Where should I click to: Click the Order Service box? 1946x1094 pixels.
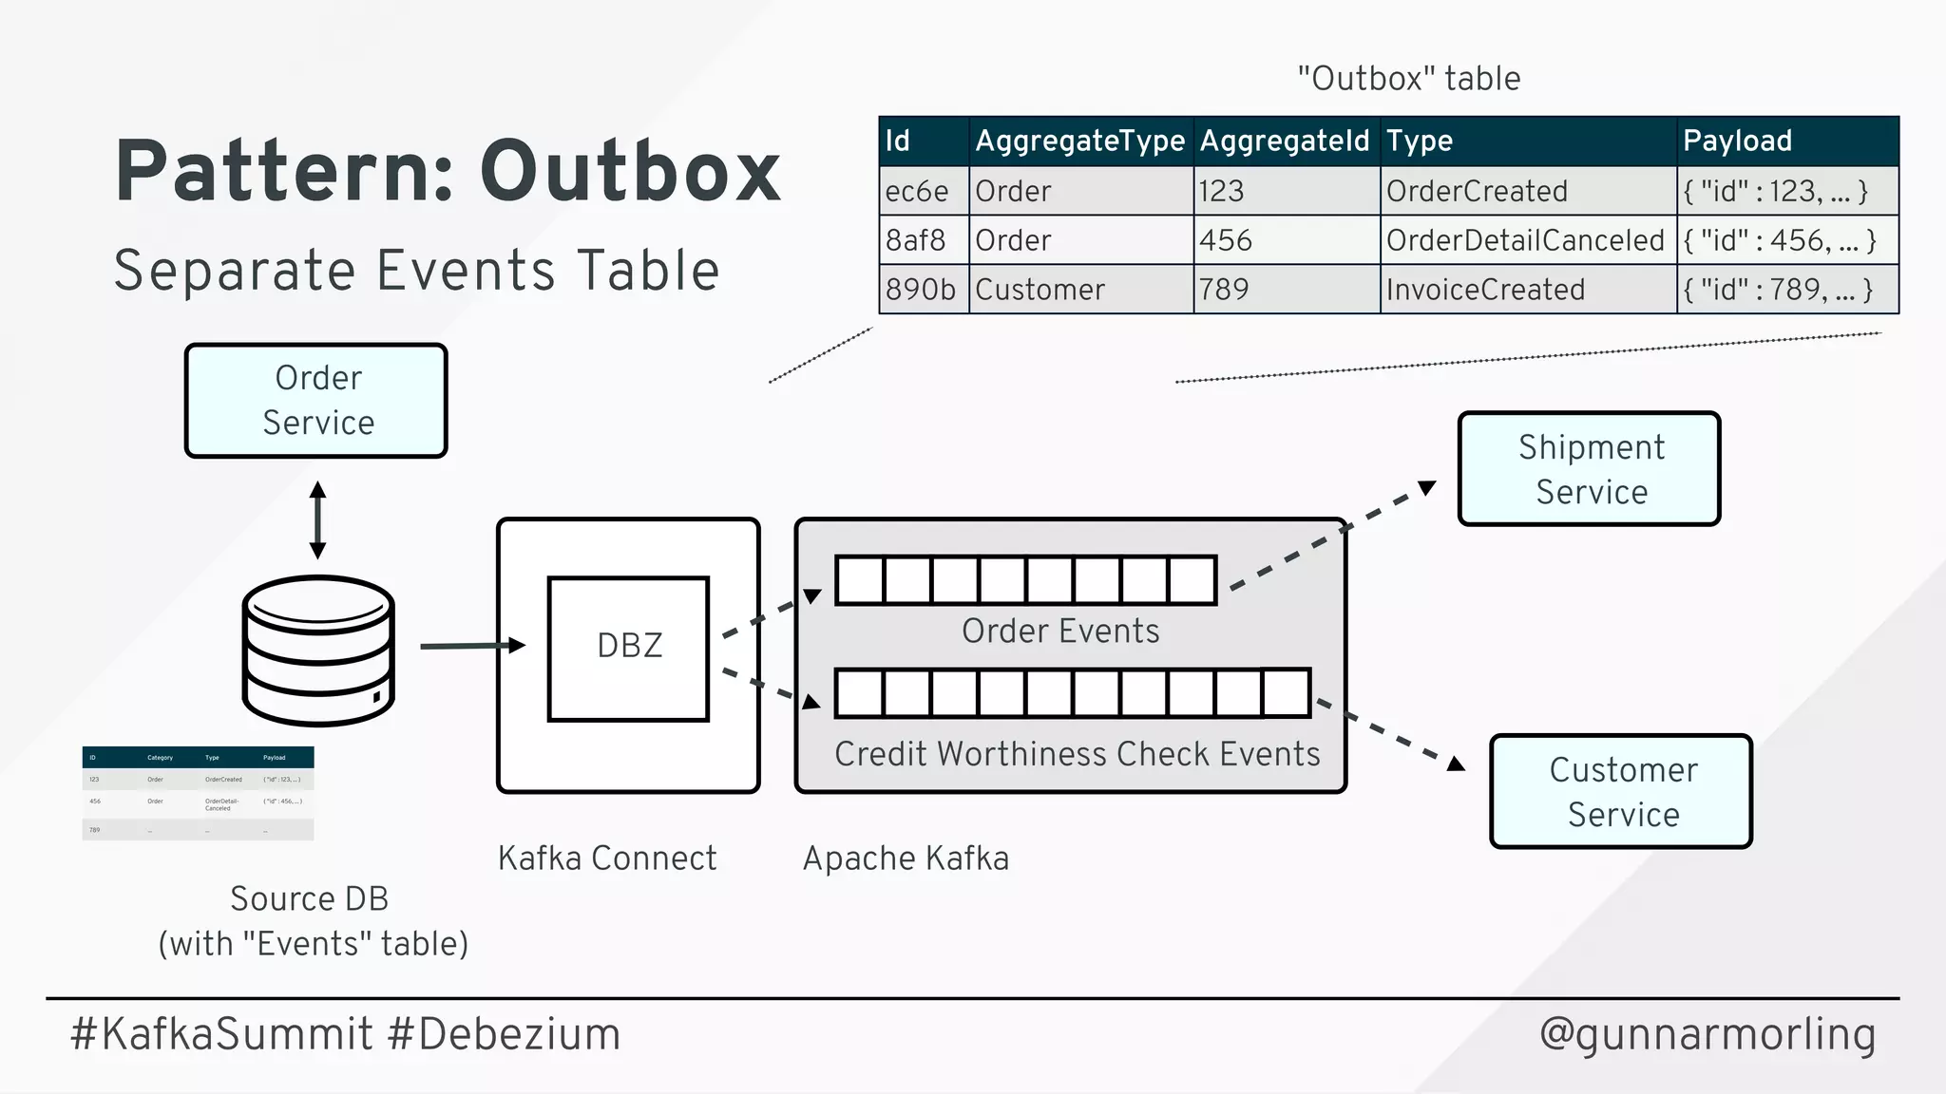point(316,401)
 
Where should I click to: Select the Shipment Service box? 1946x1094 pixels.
point(1590,469)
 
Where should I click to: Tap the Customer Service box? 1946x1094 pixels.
point(1621,791)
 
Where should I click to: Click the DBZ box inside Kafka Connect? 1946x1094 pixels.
point(629,649)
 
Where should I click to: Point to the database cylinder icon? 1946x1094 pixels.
point(318,651)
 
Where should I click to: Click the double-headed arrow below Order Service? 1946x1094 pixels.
point(318,519)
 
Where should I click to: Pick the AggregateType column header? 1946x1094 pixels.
point(1080,141)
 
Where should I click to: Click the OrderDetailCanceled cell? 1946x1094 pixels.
point(1526,240)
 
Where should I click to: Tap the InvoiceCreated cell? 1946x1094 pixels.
point(1486,290)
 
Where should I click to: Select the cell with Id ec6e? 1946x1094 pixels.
point(918,191)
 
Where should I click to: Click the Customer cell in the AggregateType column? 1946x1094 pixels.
point(1040,290)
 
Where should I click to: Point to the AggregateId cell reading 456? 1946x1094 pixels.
point(1227,240)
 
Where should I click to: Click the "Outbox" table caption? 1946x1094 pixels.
point(1408,79)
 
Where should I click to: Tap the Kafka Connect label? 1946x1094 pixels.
point(607,858)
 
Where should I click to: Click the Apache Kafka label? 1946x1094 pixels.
point(906,858)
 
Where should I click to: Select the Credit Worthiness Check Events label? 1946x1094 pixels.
point(1078,754)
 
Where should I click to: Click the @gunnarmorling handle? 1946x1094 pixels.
point(1708,1034)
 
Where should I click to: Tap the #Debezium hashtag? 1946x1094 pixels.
point(505,1034)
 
